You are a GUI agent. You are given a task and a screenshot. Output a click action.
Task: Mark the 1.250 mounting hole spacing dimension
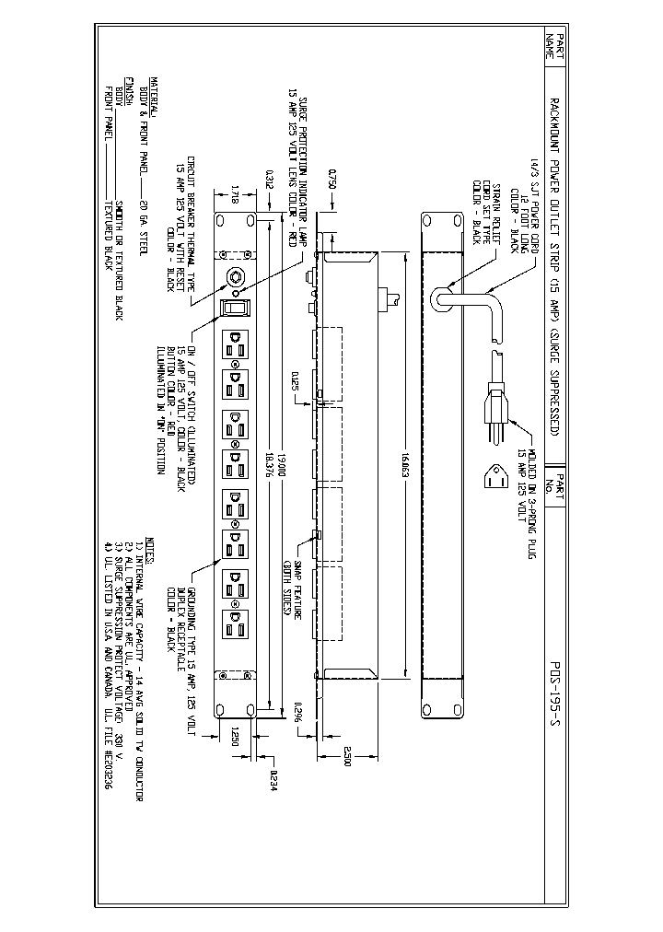pyautogui.click(x=235, y=738)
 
